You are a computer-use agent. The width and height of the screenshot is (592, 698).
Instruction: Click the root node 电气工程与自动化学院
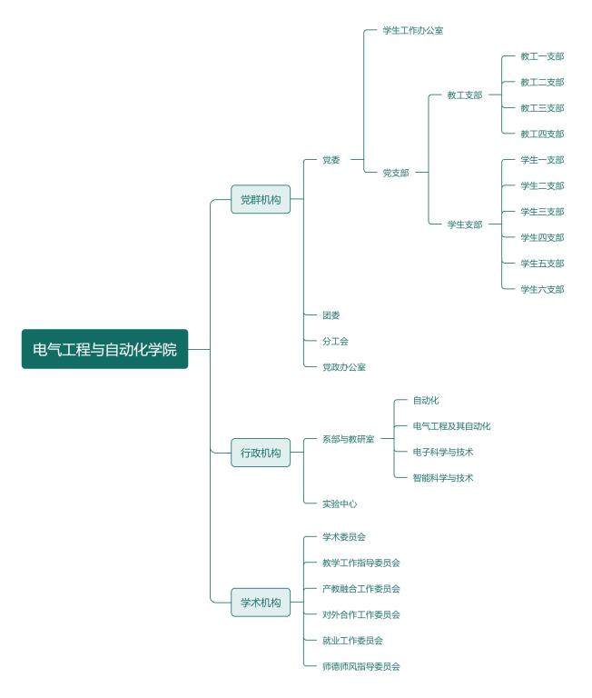[x=105, y=349]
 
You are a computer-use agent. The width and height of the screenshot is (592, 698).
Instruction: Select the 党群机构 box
[x=261, y=199]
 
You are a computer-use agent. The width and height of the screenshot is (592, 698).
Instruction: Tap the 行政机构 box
[x=261, y=453]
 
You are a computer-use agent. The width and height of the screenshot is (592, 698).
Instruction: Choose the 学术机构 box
[x=261, y=602]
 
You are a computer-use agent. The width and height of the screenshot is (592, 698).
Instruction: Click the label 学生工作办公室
[x=413, y=30]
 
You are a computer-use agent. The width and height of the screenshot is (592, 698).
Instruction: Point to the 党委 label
[x=331, y=160]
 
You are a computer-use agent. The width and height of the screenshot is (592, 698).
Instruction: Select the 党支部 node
[x=396, y=173]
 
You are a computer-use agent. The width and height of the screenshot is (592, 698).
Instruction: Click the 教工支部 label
[x=465, y=95]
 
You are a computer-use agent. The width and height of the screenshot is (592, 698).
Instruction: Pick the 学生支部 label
[x=465, y=224]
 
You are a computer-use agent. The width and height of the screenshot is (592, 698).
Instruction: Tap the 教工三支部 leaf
[x=542, y=108]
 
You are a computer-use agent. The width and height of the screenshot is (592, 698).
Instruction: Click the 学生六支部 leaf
[x=542, y=289]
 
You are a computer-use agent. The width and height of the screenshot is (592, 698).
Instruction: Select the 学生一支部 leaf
[x=542, y=160]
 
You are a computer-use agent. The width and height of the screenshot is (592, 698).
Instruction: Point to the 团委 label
[x=331, y=315]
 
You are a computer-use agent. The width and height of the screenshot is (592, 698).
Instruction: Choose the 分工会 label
[x=335, y=341]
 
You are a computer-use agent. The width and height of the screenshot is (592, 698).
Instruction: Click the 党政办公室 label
[x=344, y=367]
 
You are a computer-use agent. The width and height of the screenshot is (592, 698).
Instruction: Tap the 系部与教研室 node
[x=349, y=439]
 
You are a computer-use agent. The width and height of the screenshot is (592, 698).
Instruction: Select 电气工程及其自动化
[x=451, y=426]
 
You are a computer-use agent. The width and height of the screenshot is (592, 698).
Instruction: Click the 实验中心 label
[x=340, y=504]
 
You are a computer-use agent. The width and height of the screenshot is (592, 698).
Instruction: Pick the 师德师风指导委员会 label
[x=361, y=666]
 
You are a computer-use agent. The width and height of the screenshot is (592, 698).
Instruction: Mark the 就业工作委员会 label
[x=352, y=641]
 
